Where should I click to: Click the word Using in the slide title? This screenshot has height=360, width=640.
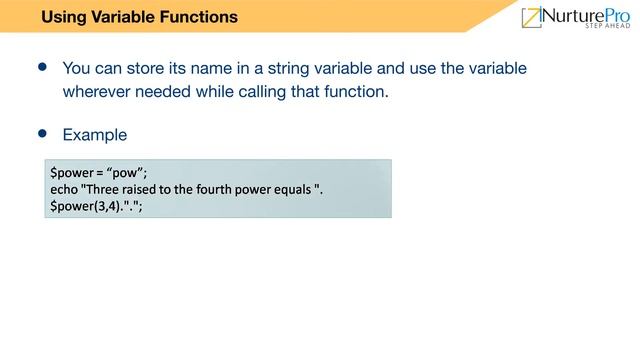(63, 17)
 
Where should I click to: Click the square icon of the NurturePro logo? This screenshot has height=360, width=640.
(531, 17)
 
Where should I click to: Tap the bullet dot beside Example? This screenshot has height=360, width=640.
(42, 132)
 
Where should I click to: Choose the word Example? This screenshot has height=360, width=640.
(95, 134)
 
